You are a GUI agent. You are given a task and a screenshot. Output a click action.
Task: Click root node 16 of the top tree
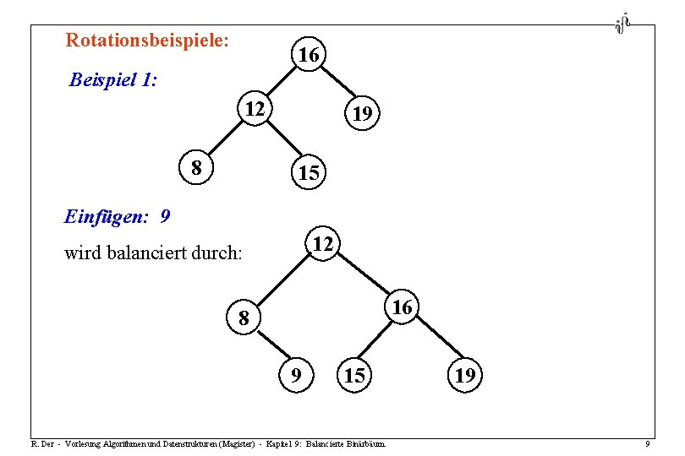(x=308, y=56)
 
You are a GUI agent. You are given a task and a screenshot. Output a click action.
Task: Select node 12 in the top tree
(x=253, y=108)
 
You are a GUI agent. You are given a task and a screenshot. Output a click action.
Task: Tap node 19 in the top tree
(x=362, y=113)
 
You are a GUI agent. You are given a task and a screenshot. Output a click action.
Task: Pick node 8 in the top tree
(x=196, y=167)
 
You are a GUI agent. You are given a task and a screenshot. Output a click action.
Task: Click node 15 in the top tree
(x=308, y=173)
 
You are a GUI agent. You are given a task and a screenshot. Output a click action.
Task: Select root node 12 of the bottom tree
(x=322, y=244)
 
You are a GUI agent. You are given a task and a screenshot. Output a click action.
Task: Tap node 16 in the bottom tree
(x=403, y=308)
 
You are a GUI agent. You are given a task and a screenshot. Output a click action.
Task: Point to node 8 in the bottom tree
(x=244, y=318)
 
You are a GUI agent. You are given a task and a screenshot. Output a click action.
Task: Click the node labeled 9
(x=295, y=374)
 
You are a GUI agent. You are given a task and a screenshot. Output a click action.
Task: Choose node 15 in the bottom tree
(x=354, y=375)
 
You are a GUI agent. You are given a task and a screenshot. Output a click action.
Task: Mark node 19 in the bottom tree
(x=464, y=375)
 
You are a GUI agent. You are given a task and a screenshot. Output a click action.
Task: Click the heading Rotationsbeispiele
(x=148, y=40)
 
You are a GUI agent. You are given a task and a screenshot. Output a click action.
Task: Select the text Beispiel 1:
(x=113, y=81)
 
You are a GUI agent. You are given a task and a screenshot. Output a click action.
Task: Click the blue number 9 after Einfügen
(x=164, y=216)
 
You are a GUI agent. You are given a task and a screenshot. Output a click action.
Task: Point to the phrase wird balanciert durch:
(x=153, y=252)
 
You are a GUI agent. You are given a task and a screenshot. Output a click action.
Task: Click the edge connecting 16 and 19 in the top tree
(x=335, y=84)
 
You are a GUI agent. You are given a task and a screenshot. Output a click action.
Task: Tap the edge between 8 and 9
(x=270, y=346)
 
